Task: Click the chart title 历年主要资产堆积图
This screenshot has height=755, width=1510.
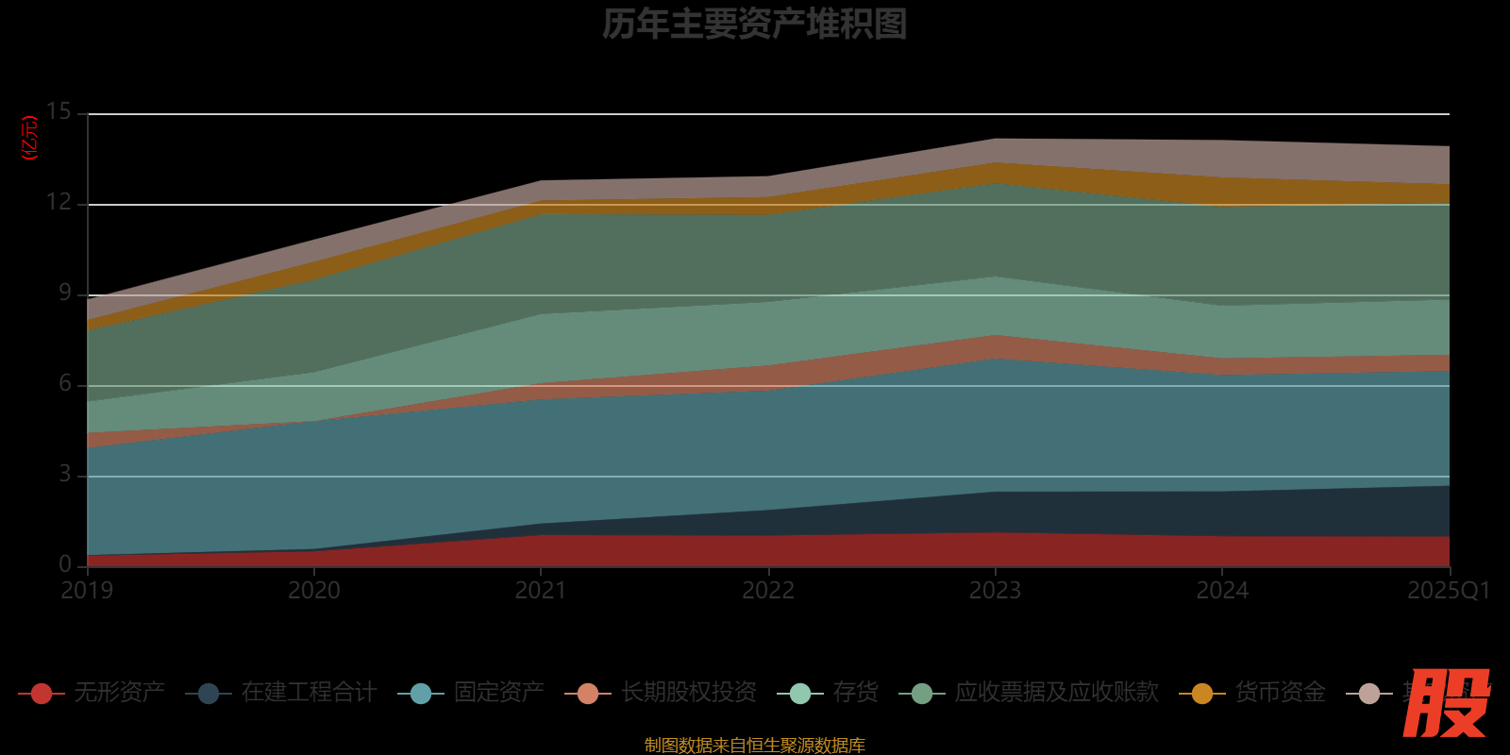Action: click(x=754, y=25)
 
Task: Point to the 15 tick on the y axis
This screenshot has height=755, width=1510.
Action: click(x=59, y=112)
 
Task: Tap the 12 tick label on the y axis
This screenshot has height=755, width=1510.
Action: click(x=59, y=203)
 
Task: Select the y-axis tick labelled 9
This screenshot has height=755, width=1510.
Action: click(x=65, y=294)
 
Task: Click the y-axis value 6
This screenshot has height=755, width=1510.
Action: click(x=65, y=383)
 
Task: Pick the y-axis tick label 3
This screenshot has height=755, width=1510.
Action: click(x=65, y=474)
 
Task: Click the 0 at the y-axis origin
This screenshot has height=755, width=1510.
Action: click(x=65, y=564)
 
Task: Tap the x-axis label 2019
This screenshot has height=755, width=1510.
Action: click(x=87, y=591)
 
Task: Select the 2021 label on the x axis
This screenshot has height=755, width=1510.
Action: click(x=541, y=591)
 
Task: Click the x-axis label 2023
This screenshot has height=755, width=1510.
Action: click(x=995, y=591)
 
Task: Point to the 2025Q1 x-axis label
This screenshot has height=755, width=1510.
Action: click(x=1448, y=591)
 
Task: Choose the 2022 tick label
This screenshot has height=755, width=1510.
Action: click(x=768, y=591)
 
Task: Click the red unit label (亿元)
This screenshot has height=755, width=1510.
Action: click(x=30, y=138)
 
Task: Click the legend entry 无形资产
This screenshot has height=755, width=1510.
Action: click(x=119, y=693)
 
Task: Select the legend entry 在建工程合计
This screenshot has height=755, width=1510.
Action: click(x=309, y=693)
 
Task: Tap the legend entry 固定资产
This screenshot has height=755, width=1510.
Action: click(x=498, y=693)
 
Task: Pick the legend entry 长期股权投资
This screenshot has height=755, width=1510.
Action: click(x=689, y=693)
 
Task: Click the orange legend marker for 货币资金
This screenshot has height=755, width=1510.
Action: click(x=1202, y=694)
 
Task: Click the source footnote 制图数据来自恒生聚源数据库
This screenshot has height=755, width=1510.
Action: click(x=754, y=746)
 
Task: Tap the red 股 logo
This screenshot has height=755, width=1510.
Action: click(x=1445, y=703)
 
